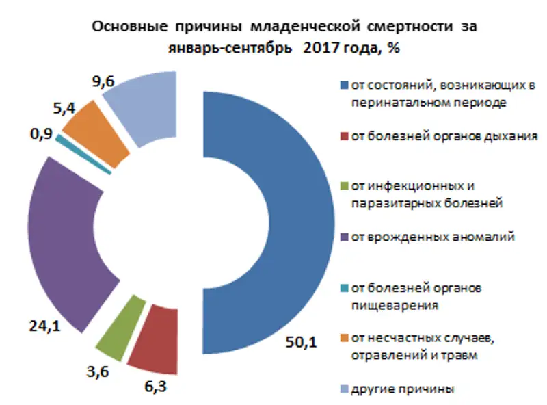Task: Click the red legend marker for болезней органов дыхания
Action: click(x=345, y=136)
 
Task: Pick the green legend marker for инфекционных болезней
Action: click(x=345, y=186)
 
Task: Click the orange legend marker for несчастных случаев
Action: click(x=345, y=339)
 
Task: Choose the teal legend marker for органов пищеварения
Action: click(x=345, y=288)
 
